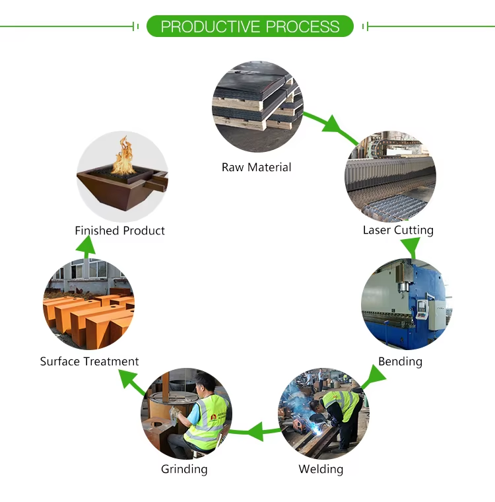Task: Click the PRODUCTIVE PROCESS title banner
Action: [249, 26]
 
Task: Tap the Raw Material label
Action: [256, 167]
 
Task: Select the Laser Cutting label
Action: [398, 230]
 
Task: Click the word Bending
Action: [400, 361]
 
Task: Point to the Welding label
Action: [321, 469]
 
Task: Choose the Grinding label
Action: [184, 469]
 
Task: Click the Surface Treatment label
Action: [89, 361]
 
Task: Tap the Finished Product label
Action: [119, 231]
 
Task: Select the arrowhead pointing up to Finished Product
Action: [84, 245]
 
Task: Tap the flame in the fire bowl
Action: [122, 155]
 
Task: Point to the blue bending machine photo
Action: [406, 304]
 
